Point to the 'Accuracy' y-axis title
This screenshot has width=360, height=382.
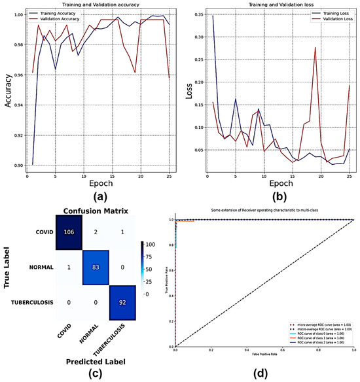pyautogui.click(x=6, y=90)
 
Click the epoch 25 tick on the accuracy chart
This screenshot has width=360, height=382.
pyautogui.click(x=170, y=176)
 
